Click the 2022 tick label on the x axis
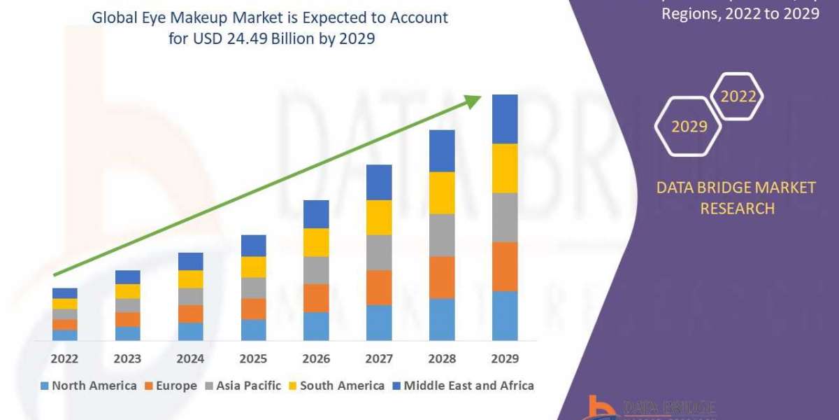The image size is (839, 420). click(x=64, y=359)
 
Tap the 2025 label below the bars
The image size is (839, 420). click(x=253, y=359)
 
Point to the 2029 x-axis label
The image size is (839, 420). click(x=505, y=359)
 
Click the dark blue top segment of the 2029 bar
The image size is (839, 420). click(x=505, y=119)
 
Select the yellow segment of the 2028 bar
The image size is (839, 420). click(x=442, y=192)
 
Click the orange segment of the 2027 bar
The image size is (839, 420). click(x=379, y=288)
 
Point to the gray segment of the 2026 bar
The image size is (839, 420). click(x=316, y=270)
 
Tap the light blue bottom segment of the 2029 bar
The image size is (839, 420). click(x=505, y=316)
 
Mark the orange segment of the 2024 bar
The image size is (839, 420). click(x=190, y=314)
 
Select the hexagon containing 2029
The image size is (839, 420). click(x=688, y=126)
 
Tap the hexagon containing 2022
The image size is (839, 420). click(x=738, y=97)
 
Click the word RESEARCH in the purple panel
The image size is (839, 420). click(x=737, y=209)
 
